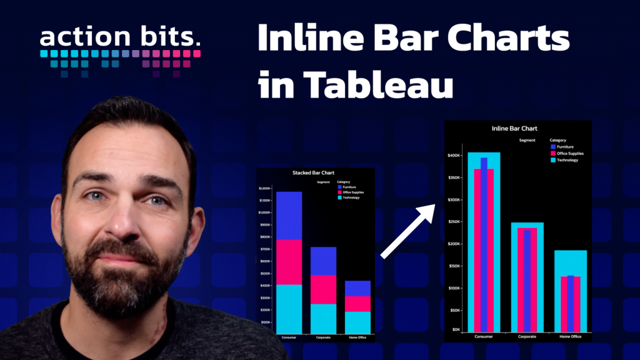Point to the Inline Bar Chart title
coord(514,128)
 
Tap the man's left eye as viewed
coord(95,196)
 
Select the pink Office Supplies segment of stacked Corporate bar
coord(323,289)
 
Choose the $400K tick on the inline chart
coord(454,155)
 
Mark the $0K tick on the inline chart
coord(457,329)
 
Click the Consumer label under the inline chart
coord(483,337)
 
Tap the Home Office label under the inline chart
coord(570,337)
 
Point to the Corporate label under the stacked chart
coord(323,338)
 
